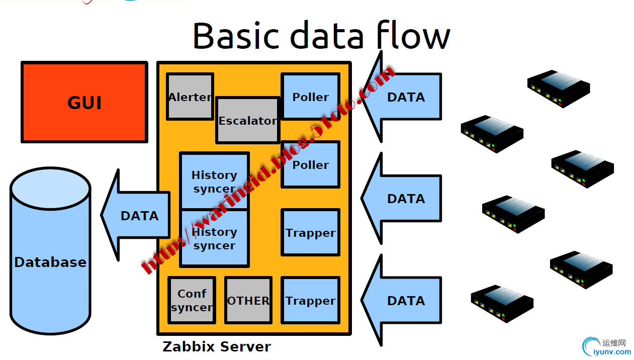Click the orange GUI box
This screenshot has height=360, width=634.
coord(84,102)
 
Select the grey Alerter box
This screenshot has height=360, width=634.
coord(190,97)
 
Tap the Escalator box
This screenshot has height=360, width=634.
coord(247,121)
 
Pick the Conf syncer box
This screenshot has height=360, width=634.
coord(192,300)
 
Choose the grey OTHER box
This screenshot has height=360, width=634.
coord(248,300)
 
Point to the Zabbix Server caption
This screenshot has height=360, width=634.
coord(217,347)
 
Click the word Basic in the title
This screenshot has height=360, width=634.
coord(235,35)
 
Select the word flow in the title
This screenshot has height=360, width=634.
coord(412,35)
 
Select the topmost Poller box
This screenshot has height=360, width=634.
coord(310,97)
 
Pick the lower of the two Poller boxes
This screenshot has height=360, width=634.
coord(310,164)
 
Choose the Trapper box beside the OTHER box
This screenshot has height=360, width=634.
coord(310,300)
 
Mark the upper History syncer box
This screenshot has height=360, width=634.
coord(214,181)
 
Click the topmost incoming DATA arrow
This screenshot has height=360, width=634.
coord(403,97)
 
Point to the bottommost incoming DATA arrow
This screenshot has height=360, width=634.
coord(403,301)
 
